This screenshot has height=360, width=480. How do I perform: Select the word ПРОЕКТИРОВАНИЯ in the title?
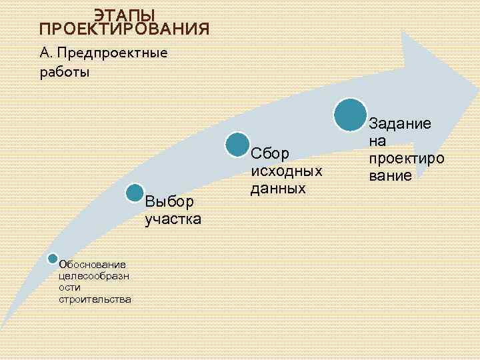tap(125, 29)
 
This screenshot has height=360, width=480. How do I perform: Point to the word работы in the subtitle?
tap(65, 72)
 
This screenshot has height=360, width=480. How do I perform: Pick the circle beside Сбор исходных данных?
tap(237, 145)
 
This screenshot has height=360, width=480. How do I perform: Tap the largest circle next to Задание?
tap(351, 114)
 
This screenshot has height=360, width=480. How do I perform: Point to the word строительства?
tap(95, 299)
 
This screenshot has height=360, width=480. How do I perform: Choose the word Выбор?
tap(169, 201)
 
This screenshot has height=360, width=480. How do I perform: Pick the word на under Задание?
tap(378, 141)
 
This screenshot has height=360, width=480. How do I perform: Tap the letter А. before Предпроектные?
tap(45, 53)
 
